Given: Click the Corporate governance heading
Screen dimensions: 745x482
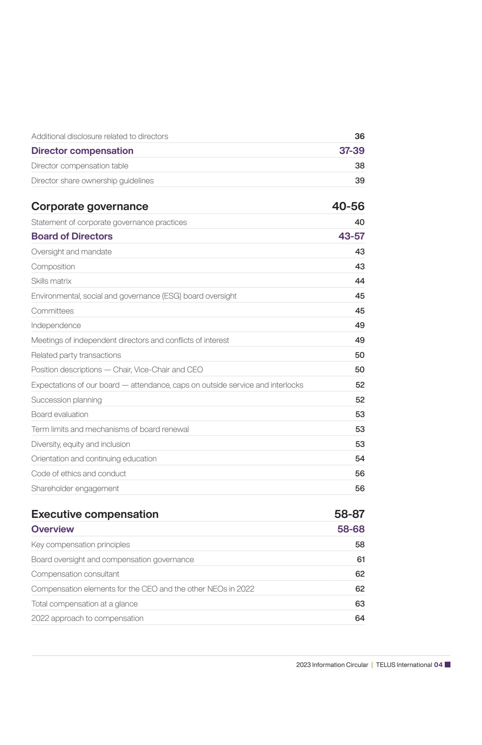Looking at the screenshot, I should point(90,207).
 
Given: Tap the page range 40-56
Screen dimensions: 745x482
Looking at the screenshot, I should point(348,207).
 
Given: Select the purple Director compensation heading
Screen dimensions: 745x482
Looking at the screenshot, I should point(82,151).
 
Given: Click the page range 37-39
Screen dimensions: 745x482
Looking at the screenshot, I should point(351,151).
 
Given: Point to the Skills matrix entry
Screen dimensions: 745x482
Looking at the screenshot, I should point(51,281).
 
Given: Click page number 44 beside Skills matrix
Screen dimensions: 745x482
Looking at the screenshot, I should point(359,281).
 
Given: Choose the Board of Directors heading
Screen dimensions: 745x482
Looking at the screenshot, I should point(72,236).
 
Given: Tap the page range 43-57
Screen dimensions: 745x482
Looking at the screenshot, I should point(351,236).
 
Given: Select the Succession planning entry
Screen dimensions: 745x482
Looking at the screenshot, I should point(67,400).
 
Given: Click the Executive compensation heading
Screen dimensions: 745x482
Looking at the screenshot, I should point(95,514).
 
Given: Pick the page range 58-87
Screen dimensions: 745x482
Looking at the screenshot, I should point(349,514).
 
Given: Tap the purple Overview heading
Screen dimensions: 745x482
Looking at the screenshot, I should point(53,529).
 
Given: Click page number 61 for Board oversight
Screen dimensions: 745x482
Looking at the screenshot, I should point(361,560).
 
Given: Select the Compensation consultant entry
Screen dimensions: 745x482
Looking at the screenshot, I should point(75,574).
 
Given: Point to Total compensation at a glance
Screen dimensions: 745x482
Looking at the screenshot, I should point(85,604).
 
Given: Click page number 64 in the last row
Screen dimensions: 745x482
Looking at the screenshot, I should point(359,618).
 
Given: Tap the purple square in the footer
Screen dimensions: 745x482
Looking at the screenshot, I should point(447,665).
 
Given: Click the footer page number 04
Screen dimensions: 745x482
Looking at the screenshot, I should point(438,665).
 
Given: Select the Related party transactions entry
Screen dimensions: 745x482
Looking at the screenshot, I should point(76,355).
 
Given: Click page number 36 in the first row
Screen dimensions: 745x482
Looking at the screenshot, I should point(359,136).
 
